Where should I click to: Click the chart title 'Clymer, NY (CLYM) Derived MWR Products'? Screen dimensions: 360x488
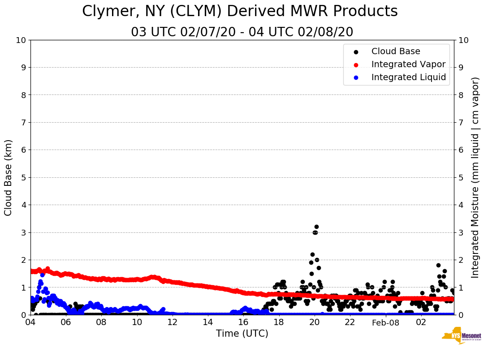tap(240, 12)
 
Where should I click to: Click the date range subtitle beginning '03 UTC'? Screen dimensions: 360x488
tap(242, 32)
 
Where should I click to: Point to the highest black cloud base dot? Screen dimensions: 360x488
tap(316, 227)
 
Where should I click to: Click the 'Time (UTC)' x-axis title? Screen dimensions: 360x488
tap(242, 334)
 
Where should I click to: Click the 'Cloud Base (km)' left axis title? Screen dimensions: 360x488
tap(9, 177)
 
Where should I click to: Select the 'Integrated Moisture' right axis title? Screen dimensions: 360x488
tap(475, 177)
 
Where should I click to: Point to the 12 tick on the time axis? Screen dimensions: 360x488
tap(173, 322)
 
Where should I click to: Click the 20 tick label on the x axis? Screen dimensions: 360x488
tap(314, 322)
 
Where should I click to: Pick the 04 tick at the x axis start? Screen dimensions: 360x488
tap(30, 322)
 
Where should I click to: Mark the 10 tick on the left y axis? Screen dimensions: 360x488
tap(21, 40)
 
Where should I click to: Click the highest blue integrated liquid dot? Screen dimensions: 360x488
tap(43, 275)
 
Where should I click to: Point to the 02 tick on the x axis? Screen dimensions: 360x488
tap(421, 322)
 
